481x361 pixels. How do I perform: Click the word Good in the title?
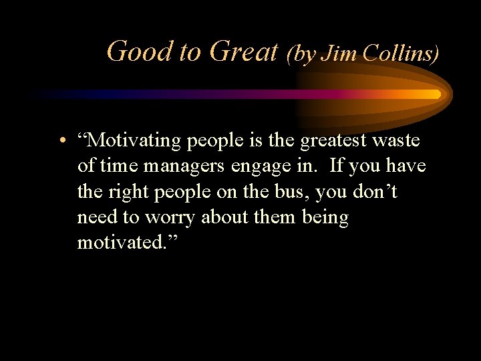point(139,51)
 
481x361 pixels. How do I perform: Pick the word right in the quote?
point(126,193)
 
